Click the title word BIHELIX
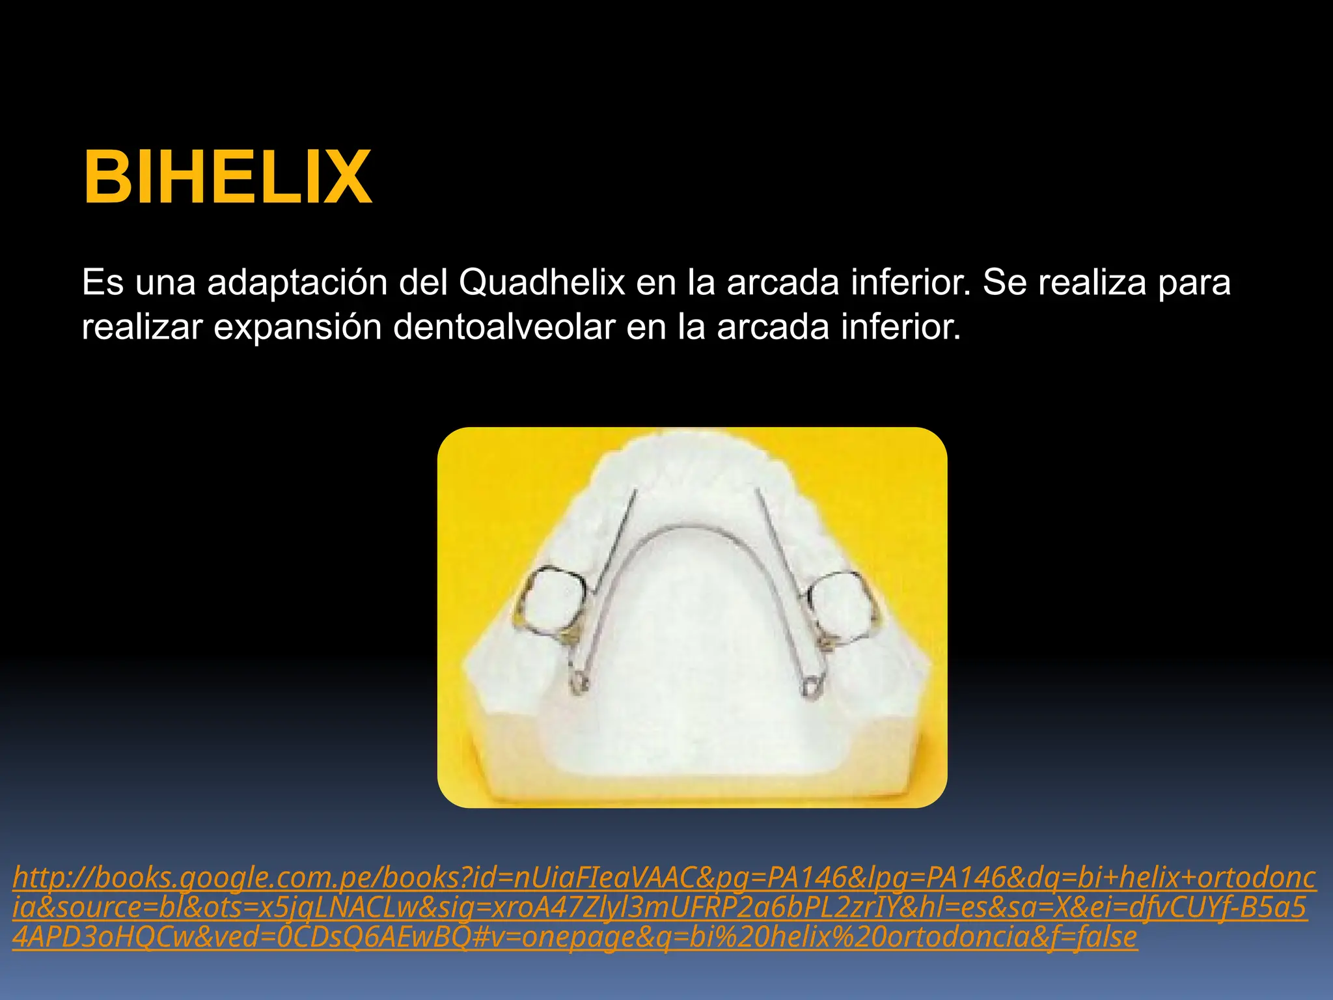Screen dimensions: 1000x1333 point(227,177)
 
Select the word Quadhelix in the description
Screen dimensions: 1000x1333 point(542,283)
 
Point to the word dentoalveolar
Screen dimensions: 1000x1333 point(504,327)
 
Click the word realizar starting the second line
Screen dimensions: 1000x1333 point(142,327)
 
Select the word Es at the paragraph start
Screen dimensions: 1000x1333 point(102,283)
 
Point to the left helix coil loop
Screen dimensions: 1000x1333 point(579,684)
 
